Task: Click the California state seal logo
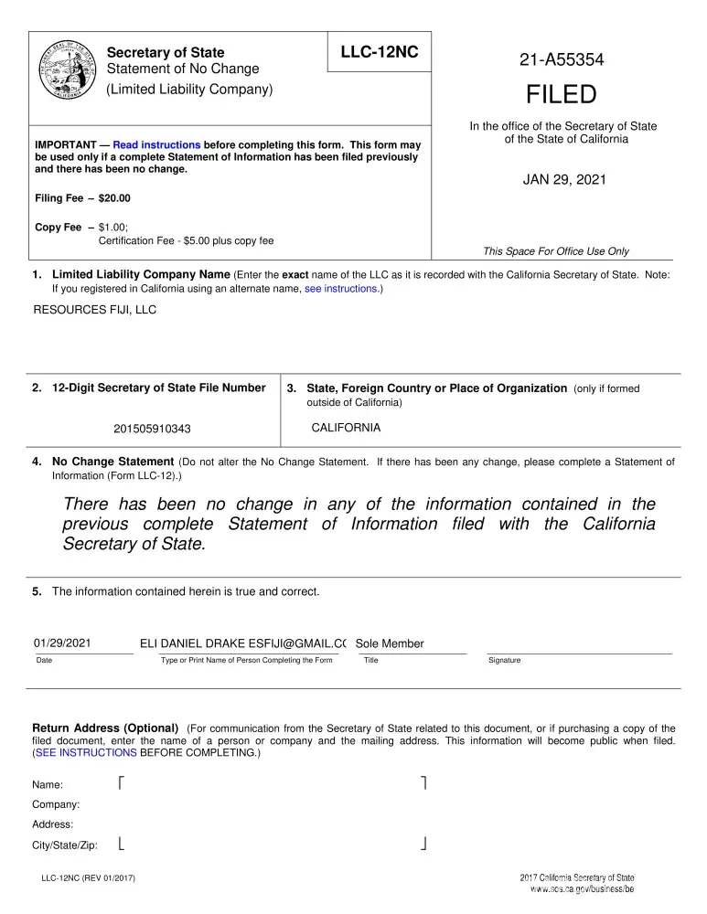tap(65, 70)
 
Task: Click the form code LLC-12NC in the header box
tap(379, 52)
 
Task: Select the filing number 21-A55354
tap(562, 60)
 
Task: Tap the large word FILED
tap(561, 94)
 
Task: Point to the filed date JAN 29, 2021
tap(563, 179)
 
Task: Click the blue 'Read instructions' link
tap(156, 145)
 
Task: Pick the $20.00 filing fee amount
tap(114, 198)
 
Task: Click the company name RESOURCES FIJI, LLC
tap(95, 310)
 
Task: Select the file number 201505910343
tap(152, 429)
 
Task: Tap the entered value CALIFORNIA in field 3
tap(346, 428)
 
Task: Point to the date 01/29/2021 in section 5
tap(61, 643)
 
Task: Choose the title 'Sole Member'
tap(390, 643)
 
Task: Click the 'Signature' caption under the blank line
tap(504, 660)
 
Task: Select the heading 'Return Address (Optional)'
tap(105, 728)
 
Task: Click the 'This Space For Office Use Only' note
tap(555, 251)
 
